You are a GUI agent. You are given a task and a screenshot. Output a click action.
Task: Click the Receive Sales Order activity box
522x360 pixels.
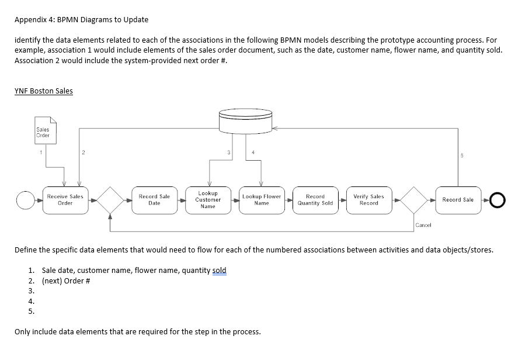[x=65, y=200]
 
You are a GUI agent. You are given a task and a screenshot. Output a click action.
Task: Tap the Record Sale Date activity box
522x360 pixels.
[x=154, y=200]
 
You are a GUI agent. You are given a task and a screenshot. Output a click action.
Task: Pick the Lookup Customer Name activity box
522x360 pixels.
[x=208, y=199]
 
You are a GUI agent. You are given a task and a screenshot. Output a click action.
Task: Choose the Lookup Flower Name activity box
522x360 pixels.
[x=262, y=200]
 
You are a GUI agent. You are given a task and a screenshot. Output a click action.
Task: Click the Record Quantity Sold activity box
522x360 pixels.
[x=315, y=200]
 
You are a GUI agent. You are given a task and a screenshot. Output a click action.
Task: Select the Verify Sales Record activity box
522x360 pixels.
[x=368, y=200]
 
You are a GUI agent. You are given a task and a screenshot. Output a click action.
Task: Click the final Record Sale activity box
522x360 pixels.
[x=458, y=200]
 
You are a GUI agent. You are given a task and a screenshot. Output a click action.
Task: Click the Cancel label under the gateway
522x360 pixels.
[x=423, y=225]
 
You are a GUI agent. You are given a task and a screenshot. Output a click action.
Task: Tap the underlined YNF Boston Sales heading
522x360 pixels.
[x=44, y=91]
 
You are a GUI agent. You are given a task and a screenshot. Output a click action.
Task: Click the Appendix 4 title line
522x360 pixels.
[x=82, y=19]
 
